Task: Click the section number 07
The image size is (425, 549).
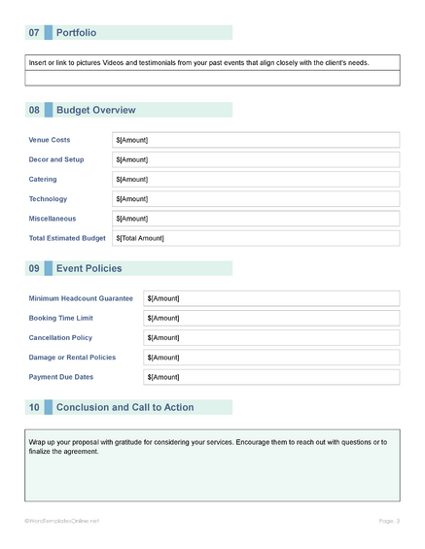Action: pyautogui.click(x=34, y=33)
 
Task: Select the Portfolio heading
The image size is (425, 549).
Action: pyautogui.click(x=77, y=33)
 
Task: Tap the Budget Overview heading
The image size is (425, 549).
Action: pyautogui.click(x=96, y=111)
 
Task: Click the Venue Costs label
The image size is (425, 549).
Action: pyautogui.click(x=50, y=140)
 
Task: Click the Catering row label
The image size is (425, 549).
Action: pyautogui.click(x=44, y=180)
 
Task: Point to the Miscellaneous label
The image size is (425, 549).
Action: pyautogui.click(x=53, y=219)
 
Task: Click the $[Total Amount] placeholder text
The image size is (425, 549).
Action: pyautogui.click(x=140, y=238)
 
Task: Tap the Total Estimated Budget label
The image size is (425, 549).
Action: pyautogui.click(x=67, y=238)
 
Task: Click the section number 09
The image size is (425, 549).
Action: pyautogui.click(x=34, y=268)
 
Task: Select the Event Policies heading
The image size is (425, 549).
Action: pyautogui.click(x=89, y=268)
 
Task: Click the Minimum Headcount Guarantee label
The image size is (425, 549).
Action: pyautogui.click(x=81, y=298)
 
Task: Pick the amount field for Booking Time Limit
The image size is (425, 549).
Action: pyautogui.click(x=271, y=318)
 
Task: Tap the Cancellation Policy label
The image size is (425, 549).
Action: pyautogui.click(x=61, y=337)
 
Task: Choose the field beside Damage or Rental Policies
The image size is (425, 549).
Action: pyautogui.click(x=271, y=358)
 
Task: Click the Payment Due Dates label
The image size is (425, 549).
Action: pyautogui.click(x=61, y=377)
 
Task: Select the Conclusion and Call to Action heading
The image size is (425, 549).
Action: pyautogui.click(x=125, y=407)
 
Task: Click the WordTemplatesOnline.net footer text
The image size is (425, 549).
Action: pyautogui.click(x=62, y=521)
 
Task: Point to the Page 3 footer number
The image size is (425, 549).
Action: pyautogui.click(x=389, y=521)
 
